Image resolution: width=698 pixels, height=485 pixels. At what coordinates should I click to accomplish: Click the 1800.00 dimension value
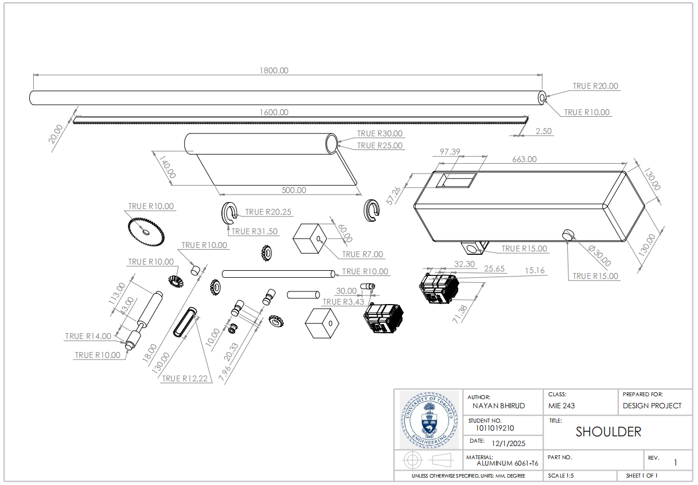pyautogui.click(x=274, y=70)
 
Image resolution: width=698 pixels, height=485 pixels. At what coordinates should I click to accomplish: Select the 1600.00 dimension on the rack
pyautogui.click(x=274, y=112)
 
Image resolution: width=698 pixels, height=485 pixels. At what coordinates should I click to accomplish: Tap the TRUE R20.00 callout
pyautogui.click(x=595, y=86)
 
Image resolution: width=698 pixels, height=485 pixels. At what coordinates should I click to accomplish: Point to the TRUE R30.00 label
pyautogui.click(x=380, y=133)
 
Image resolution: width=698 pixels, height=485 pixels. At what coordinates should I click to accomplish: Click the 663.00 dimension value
pyautogui.click(x=524, y=159)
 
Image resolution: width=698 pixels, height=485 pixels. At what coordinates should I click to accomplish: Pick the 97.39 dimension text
pyautogui.click(x=450, y=152)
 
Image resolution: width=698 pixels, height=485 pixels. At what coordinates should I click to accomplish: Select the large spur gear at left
pyautogui.click(x=144, y=231)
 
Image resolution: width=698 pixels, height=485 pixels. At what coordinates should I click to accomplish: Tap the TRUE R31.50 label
pyautogui.click(x=254, y=231)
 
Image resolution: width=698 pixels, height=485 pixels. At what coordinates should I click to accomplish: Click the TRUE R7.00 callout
pyautogui.click(x=362, y=254)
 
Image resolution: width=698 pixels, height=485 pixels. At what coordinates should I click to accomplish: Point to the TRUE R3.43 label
pyautogui.click(x=344, y=302)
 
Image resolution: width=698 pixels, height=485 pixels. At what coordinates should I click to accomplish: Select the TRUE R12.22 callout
pyautogui.click(x=185, y=378)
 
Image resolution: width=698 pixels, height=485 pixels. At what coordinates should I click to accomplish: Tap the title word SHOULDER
pyautogui.click(x=608, y=432)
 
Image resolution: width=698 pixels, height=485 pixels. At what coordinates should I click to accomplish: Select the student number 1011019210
pyautogui.click(x=494, y=428)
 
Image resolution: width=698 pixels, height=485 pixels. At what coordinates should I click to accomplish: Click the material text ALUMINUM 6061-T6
pyautogui.click(x=503, y=463)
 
